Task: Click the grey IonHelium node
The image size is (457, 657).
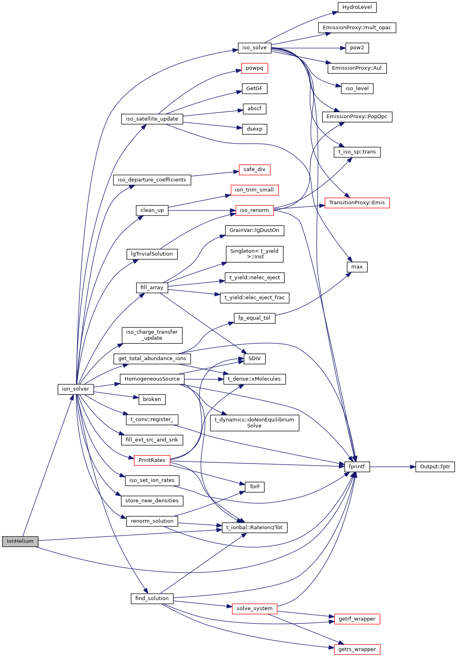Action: pos(20,541)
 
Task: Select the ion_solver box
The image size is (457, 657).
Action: pos(76,389)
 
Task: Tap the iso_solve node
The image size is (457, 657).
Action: pos(254,48)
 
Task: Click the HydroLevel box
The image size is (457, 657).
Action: pos(357,7)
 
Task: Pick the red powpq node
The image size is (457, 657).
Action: pos(254,68)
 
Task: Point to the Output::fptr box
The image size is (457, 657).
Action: pos(435,467)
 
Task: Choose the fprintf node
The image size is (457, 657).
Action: pos(357,467)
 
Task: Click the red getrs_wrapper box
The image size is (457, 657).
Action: pos(357,649)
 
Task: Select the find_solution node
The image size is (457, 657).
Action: pos(152,599)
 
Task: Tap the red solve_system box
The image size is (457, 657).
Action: pos(254,609)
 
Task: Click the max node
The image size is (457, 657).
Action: pos(357,267)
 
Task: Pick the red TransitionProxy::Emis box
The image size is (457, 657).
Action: pos(357,203)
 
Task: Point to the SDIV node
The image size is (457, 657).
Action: pos(254,359)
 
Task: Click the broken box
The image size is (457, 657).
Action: pos(152,399)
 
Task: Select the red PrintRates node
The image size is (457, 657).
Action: pos(152,460)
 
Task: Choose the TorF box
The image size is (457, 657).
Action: pos(254,487)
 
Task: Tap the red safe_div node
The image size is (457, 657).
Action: pos(254,169)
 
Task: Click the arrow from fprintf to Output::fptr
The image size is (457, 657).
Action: pos(393,467)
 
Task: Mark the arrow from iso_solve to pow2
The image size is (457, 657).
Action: pos(308,48)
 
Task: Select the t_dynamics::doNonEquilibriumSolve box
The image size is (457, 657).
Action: pos(254,423)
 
